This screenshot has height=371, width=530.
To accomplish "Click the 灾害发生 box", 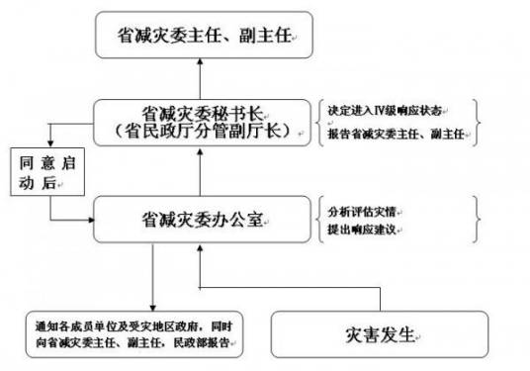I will click(374, 333).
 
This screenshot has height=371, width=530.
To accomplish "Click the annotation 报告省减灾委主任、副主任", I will click(393, 134).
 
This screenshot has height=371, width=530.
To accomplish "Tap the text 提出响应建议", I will click(362, 229).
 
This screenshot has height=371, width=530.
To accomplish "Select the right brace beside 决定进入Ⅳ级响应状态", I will click(479, 122).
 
